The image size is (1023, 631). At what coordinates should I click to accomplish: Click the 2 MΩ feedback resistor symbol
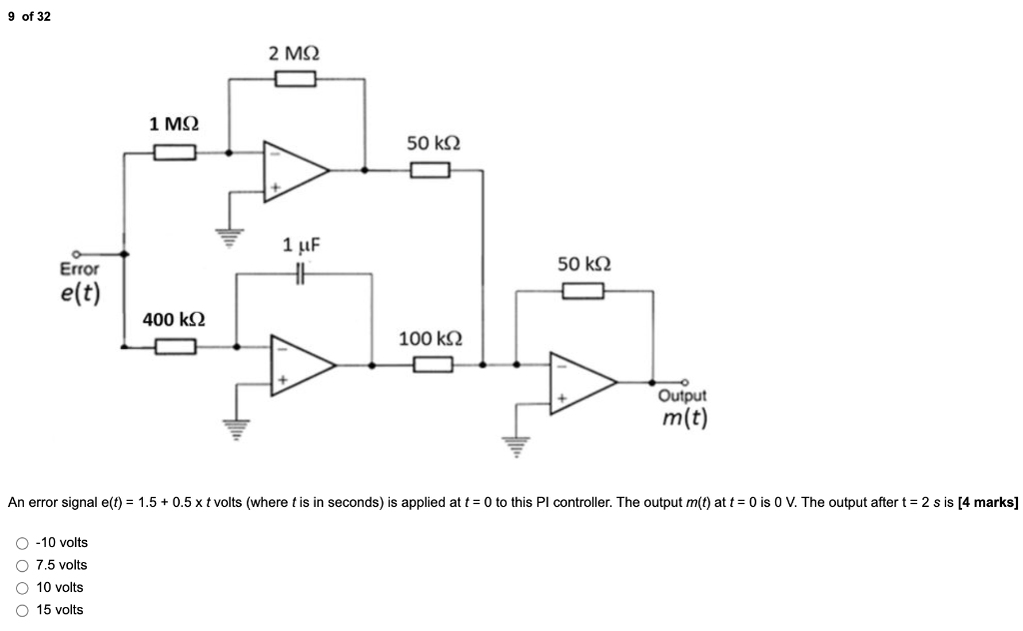[296, 79]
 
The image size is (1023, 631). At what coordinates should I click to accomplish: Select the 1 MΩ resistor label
[174, 123]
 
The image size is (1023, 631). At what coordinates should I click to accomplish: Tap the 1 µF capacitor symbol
[300, 274]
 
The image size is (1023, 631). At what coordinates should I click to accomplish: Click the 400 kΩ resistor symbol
[176, 346]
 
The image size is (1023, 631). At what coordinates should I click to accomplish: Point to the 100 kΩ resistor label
[431, 338]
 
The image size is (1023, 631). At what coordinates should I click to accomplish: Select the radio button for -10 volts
[22, 543]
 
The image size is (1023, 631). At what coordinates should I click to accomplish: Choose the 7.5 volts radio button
[22, 566]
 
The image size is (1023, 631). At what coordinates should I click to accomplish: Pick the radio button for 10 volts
[22, 588]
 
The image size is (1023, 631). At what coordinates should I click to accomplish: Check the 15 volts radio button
[22, 611]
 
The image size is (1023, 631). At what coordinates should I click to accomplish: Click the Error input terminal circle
[76, 253]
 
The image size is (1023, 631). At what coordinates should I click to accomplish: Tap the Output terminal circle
[684, 382]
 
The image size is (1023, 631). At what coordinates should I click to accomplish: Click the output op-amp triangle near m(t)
[582, 383]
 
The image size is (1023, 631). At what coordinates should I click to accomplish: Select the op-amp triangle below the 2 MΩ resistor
[296, 171]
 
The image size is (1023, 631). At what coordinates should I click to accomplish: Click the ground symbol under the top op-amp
[229, 238]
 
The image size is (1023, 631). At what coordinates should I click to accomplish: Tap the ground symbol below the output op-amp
[516, 447]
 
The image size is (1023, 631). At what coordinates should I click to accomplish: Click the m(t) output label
[684, 417]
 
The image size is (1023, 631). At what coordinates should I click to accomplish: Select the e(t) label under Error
[80, 293]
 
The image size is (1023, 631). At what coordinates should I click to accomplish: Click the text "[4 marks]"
[988, 502]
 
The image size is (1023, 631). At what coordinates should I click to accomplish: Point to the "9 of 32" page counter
[29, 16]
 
